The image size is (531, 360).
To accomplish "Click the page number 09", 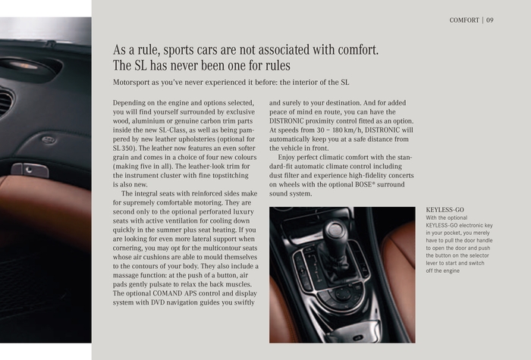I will coord(490,20).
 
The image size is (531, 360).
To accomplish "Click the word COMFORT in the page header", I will coord(464,20).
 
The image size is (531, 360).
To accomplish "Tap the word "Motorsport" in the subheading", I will coord(136,82).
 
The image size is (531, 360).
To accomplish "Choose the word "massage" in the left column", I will coord(130,276).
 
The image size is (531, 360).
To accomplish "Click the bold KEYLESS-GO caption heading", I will coord(445,209).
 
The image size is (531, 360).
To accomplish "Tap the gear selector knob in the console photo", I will coord(335,230).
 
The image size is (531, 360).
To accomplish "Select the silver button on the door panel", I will coord(30,170).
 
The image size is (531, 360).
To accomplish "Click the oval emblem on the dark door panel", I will coord(48,139).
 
